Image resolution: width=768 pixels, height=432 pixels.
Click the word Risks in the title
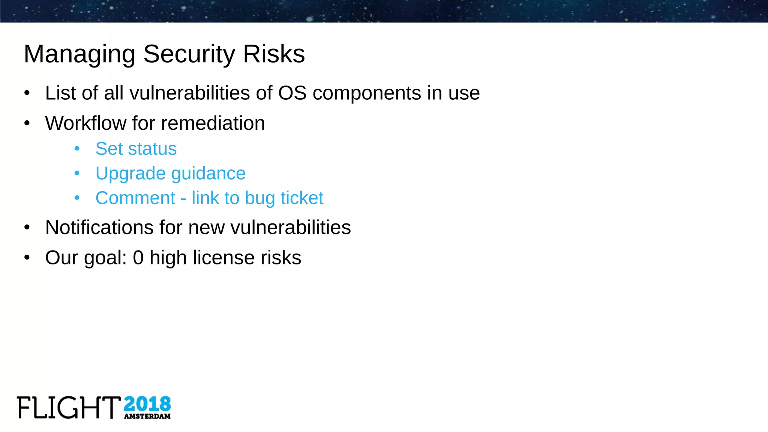tap(274, 54)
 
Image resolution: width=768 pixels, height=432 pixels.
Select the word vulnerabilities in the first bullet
tap(190, 93)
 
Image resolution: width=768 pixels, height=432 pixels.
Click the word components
tap(367, 94)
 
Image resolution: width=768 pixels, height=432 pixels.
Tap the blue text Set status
tap(136, 148)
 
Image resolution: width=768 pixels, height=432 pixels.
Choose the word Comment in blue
tap(135, 198)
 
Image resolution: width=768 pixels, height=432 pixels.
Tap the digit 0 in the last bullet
tap(138, 258)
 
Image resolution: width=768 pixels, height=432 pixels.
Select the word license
tap(223, 258)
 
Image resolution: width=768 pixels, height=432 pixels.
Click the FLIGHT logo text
tap(69, 407)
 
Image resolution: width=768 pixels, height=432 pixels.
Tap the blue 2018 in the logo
tap(147, 404)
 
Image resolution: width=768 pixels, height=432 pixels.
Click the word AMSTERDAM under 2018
tap(147, 416)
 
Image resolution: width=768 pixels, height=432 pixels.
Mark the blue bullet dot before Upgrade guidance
tap(77, 173)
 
